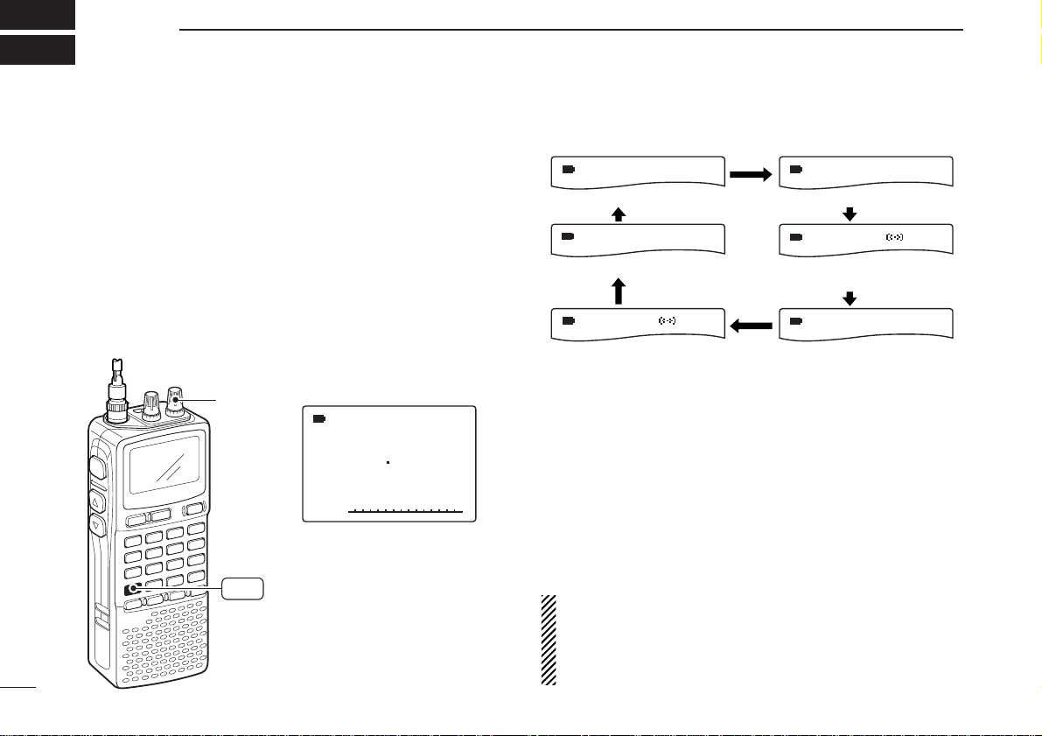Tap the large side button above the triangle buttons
pyautogui.click(x=97, y=468)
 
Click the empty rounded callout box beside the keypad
pyautogui.click(x=242, y=589)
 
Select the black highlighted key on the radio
pyautogui.click(x=133, y=589)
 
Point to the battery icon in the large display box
pyautogui.click(x=319, y=419)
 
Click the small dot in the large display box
pyautogui.click(x=387, y=461)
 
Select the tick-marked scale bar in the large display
pyautogui.click(x=404, y=509)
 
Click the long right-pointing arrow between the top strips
pyautogui.click(x=751, y=174)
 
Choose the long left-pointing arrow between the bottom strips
pyautogui.click(x=751, y=326)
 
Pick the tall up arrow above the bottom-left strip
pyautogui.click(x=619, y=291)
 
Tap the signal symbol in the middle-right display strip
pyautogui.click(x=894, y=236)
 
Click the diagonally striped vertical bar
pyautogui.click(x=549, y=640)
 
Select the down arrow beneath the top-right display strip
pyautogui.click(x=849, y=213)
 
